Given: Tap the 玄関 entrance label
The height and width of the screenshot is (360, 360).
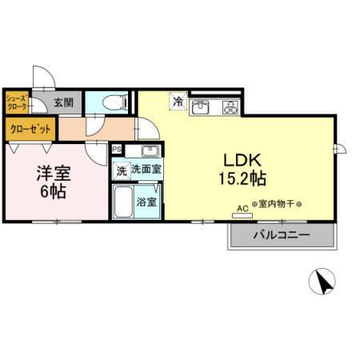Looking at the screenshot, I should (64, 102).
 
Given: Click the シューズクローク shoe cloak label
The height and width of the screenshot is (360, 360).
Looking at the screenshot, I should (18, 102).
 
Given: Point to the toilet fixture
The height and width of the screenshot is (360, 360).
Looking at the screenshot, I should (114, 102).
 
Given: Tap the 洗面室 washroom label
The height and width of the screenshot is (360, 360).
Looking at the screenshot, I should (147, 170).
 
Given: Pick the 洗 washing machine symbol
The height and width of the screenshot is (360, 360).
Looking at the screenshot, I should (121, 170).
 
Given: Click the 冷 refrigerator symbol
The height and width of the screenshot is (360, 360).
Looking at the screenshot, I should (178, 103).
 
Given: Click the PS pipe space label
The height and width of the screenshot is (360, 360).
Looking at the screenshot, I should (117, 149).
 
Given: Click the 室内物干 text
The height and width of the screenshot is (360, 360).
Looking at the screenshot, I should (280, 203).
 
